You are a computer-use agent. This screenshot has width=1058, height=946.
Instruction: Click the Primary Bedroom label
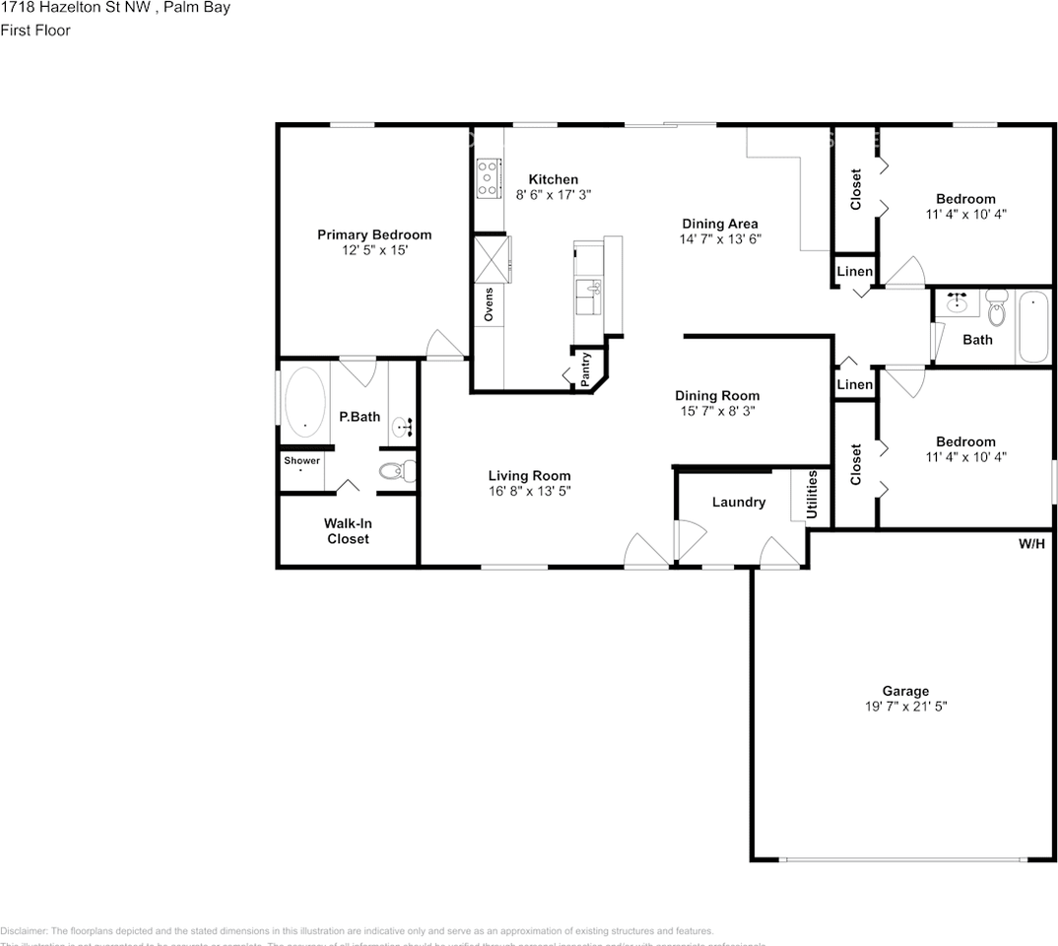point(373,235)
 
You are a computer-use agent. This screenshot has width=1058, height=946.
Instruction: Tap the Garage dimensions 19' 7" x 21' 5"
point(904,707)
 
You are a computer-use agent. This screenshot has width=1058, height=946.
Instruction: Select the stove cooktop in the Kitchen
point(487,178)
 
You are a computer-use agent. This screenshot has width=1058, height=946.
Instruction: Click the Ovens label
point(489,304)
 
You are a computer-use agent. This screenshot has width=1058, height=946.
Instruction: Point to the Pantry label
point(586,368)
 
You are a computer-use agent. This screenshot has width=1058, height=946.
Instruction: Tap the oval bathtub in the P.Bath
point(305,405)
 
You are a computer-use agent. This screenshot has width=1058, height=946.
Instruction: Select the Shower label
point(301,460)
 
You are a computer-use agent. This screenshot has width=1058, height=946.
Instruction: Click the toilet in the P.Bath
point(397,470)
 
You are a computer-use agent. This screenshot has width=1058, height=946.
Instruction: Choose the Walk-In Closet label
point(348,531)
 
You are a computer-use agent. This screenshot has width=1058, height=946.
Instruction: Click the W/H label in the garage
point(1031,544)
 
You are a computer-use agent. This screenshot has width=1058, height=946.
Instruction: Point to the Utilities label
point(812,495)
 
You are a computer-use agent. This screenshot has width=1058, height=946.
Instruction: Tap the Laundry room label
point(738,502)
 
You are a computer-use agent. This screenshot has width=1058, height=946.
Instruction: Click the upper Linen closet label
point(854,272)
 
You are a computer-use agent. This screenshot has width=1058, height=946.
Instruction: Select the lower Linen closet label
point(854,384)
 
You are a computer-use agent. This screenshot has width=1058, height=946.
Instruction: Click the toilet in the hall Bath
point(996,309)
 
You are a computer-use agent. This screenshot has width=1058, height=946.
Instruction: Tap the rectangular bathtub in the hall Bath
point(1034,327)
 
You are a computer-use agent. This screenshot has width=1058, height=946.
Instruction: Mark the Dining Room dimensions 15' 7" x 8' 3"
point(716,411)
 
